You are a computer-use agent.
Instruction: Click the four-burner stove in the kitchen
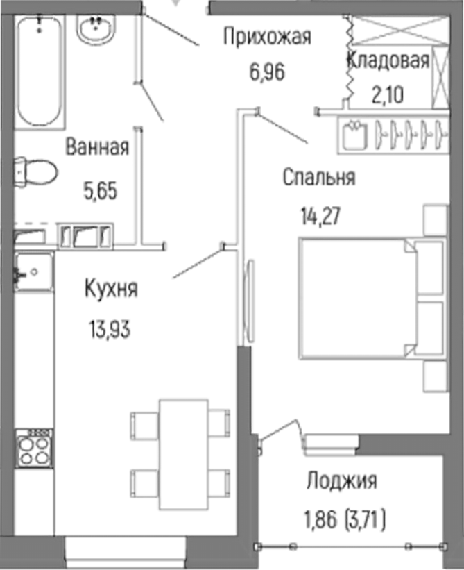[34, 447]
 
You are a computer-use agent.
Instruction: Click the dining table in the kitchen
[183, 453]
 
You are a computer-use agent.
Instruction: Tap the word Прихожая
[267, 36]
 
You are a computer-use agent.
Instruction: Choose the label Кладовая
[388, 60]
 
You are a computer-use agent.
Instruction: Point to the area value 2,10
[388, 94]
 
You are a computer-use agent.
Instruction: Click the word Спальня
[318, 178]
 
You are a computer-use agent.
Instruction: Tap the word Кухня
[110, 289]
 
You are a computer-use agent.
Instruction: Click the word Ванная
[97, 147]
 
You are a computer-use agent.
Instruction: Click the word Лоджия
[341, 481]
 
